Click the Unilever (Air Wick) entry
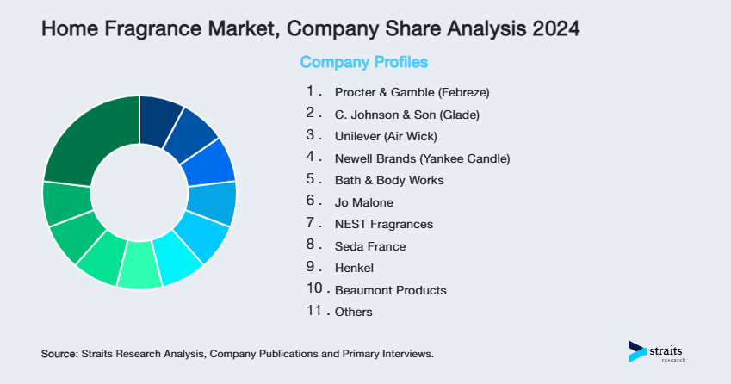(x=386, y=136)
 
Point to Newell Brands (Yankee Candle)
(x=422, y=158)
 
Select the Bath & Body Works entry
(x=389, y=181)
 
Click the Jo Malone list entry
(x=363, y=202)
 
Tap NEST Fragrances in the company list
(x=383, y=224)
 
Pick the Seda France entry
(x=369, y=246)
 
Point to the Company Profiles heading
(x=363, y=63)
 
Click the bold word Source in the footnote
(x=59, y=354)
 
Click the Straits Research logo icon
(x=638, y=350)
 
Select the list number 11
(x=315, y=311)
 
